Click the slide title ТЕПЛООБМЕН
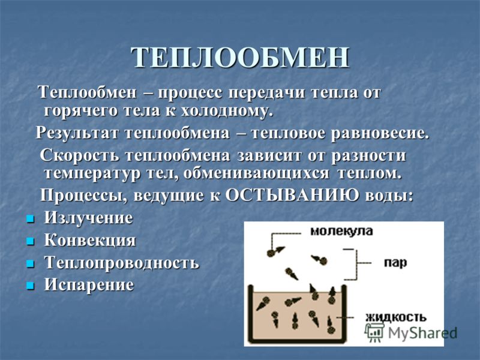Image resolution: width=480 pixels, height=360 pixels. [x=241, y=58]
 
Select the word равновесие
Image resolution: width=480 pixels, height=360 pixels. [x=380, y=133]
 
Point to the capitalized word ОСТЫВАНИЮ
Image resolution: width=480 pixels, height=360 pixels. [x=292, y=194]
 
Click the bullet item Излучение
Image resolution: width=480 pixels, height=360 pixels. [x=88, y=218]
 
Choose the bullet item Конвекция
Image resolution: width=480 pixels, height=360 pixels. [x=89, y=240]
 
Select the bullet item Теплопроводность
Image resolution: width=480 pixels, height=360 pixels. [x=122, y=263]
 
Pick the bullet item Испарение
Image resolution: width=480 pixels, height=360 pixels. [x=89, y=284]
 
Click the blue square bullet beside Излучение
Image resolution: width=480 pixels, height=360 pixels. [x=29, y=219]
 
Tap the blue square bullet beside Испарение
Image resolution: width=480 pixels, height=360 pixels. [x=29, y=286]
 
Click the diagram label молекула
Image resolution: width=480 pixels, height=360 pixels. [x=341, y=231]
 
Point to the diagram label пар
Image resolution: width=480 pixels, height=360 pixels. [x=395, y=263]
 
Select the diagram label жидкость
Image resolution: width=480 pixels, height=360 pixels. [x=395, y=317]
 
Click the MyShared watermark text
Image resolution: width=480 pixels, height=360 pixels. [x=422, y=332]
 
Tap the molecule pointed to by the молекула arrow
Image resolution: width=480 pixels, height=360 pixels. [x=271, y=253]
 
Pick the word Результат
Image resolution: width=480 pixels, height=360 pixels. [x=77, y=133]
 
